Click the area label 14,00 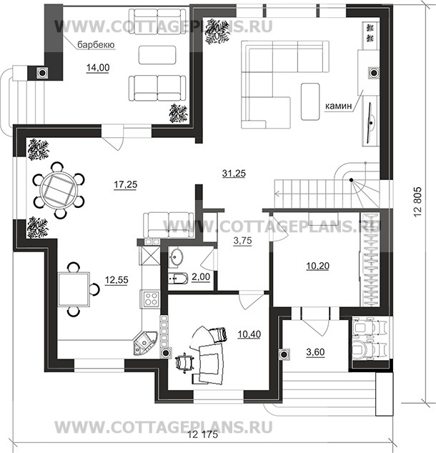pos(98,68)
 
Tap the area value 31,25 pos(234,174)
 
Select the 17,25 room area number pos(125,184)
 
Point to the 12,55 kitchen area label pos(117,280)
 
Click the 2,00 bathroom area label pos(201,277)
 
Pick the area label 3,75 pos(242,241)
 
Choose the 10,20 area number pos(317,266)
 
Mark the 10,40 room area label pos(249,334)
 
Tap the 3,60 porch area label pos(315,352)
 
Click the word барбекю pos(96,45)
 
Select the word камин pos(339,106)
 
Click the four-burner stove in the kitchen pos(151,299)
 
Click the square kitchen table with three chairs pos(74,289)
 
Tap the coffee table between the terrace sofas pos(157,55)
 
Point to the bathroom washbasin pos(175,256)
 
